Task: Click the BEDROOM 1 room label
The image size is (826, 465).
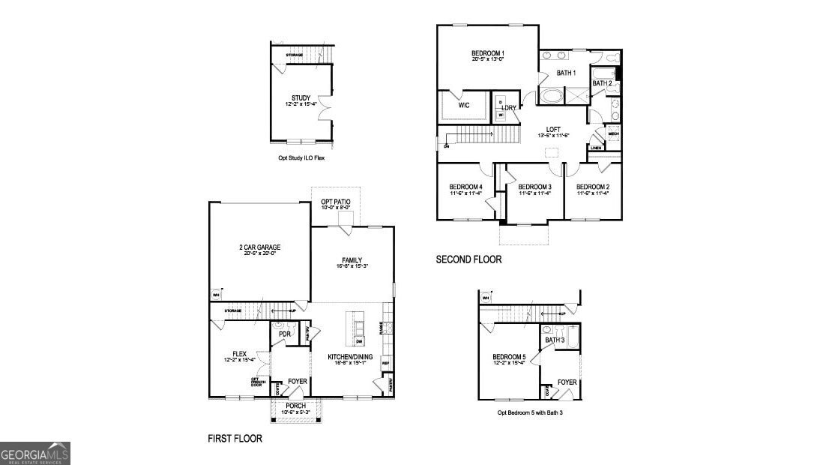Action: point(487,53)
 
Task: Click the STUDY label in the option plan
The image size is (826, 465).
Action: point(301,98)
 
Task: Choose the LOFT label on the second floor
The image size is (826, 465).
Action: point(553,128)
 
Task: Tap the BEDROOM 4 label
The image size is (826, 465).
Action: point(465,187)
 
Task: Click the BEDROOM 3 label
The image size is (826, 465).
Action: point(534,187)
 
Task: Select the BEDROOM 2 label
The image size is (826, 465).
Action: point(593,187)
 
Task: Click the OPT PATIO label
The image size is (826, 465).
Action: point(335,202)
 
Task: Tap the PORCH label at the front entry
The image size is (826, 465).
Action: point(295,406)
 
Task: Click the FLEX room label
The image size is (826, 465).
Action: point(239,354)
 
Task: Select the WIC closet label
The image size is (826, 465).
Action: point(463,105)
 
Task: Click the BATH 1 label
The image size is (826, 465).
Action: point(566,73)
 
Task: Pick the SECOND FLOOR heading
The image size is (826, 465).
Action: point(468,259)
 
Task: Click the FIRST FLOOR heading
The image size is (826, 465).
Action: point(235,438)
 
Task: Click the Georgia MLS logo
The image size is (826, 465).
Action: point(35,453)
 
